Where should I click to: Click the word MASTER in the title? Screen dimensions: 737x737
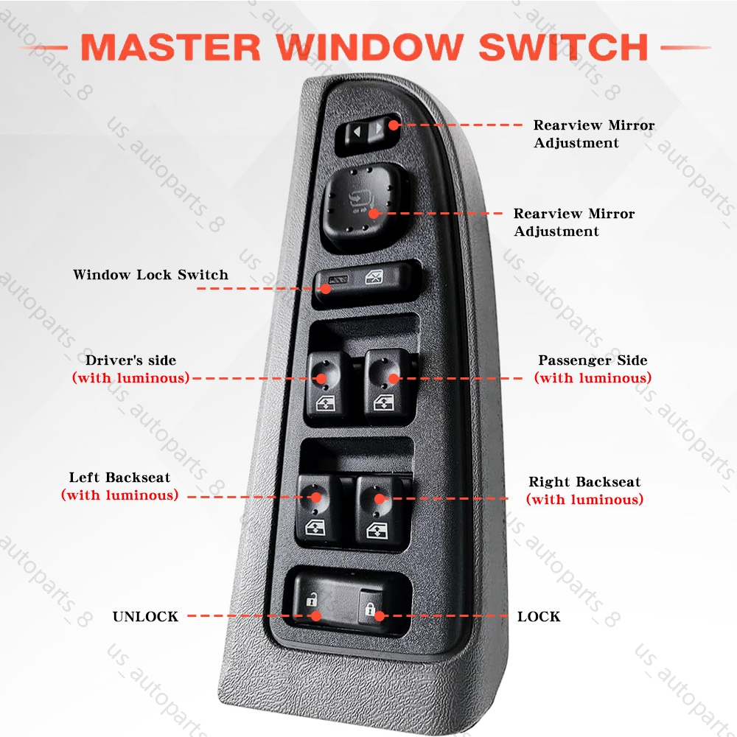click(x=171, y=47)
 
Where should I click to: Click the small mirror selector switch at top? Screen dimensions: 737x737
click(x=367, y=134)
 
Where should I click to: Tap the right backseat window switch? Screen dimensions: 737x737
click(x=379, y=508)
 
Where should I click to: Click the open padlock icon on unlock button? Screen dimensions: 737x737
click(x=311, y=601)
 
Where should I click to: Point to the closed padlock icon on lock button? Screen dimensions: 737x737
click(x=371, y=609)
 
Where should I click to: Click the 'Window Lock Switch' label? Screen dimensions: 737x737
click(x=150, y=275)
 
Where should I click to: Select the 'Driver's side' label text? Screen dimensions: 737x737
click(x=131, y=360)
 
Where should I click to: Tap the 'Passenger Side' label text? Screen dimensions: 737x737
click(x=593, y=360)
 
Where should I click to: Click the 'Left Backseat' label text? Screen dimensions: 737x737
click(x=119, y=478)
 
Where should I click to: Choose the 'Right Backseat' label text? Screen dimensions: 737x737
click(x=584, y=482)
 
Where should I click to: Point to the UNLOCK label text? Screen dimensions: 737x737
click(x=145, y=617)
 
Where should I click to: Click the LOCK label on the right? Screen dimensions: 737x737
click(x=539, y=617)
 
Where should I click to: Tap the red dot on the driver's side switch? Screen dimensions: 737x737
click(x=322, y=378)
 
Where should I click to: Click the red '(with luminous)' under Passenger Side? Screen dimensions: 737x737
click(x=593, y=378)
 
